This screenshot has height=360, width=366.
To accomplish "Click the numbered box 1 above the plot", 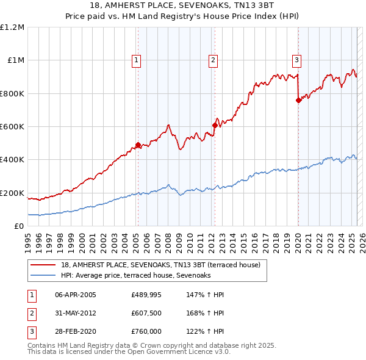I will tap(135, 60).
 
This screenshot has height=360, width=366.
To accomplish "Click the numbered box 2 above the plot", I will tap(213, 60).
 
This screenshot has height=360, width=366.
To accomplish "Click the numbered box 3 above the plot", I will tap(296, 60).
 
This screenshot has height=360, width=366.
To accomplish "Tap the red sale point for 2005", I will tap(138, 145).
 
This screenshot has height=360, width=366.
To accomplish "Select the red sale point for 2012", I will tap(215, 126).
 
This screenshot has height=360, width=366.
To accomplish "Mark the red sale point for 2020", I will tap(298, 101).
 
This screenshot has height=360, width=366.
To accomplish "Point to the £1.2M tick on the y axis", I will tap(12, 27).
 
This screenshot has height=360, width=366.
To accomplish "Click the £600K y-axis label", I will tap(12, 127).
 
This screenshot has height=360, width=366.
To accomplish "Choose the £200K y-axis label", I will tap(12, 193).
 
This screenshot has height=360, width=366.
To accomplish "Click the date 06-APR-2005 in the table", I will tap(76, 295).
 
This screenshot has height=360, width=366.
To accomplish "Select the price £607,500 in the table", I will tap(146, 313).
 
